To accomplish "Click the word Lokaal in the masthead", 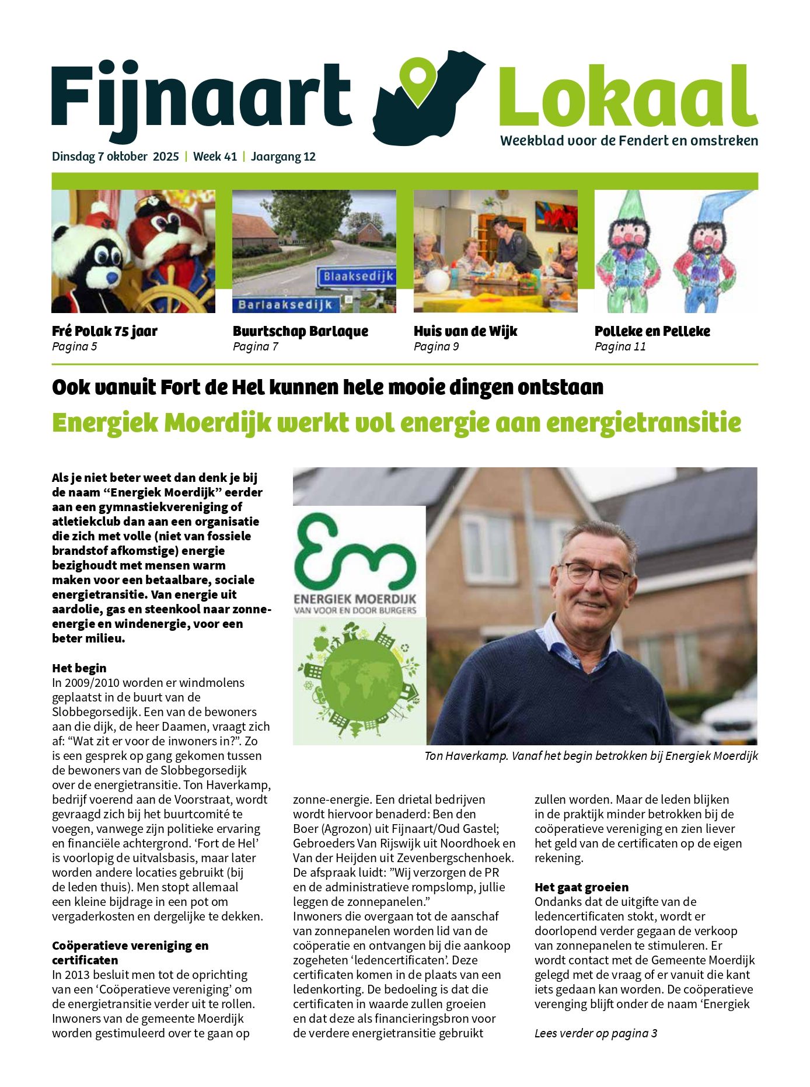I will click(628, 98).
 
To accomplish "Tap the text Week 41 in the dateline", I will click(215, 157).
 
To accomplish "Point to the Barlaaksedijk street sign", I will click(285, 304).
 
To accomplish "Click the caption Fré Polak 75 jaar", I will click(104, 331).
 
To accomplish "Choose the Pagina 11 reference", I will click(620, 346).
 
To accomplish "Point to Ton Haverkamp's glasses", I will click(593, 573).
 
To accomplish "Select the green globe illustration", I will click(359, 681).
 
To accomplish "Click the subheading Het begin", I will click(79, 668).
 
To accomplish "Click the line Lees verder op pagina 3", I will click(595, 1033).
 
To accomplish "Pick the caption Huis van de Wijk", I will click(465, 331).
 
